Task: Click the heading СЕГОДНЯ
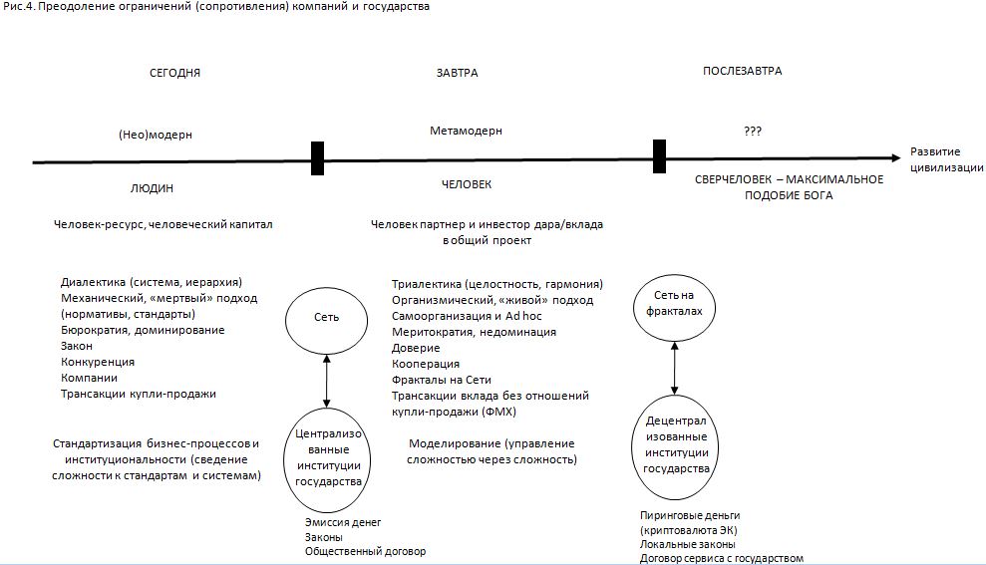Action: (x=175, y=73)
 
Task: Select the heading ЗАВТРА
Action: (x=457, y=73)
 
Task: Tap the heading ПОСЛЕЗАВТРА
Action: (x=742, y=71)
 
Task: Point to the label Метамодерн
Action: (x=466, y=131)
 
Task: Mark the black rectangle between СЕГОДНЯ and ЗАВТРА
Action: (x=317, y=158)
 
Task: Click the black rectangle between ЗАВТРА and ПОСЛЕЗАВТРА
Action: (x=659, y=156)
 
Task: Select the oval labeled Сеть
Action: (x=326, y=317)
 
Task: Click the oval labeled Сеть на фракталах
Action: (x=677, y=303)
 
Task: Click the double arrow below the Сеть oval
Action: (x=326, y=380)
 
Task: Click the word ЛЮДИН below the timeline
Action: (x=152, y=187)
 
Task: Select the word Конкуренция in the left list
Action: (x=97, y=362)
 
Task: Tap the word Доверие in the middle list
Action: (x=416, y=348)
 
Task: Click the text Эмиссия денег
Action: (x=343, y=522)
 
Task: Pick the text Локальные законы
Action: (x=687, y=544)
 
